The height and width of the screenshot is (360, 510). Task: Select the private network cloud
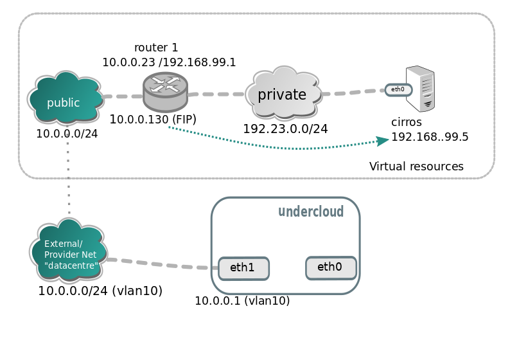(x=283, y=95)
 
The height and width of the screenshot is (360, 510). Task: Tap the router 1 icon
(x=165, y=91)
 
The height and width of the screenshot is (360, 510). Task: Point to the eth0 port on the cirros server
(x=398, y=89)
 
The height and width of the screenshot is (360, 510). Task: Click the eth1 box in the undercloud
(x=243, y=268)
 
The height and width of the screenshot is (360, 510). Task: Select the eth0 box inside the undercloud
(x=331, y=267)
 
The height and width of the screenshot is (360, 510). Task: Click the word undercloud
(x=310, y=212)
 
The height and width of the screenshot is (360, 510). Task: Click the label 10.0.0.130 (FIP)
(x=153, y=119)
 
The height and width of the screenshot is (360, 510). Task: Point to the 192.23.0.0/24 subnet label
(x=285, y=129)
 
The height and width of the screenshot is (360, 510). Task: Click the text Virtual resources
(x=416, y=166)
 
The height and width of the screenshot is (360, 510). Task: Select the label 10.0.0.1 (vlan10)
(x=242, y=300)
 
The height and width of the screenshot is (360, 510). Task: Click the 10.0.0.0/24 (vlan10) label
(x=100, y=291)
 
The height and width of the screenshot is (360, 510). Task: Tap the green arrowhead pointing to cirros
(x=382, y=140)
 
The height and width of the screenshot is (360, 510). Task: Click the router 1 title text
(x=156, y=48)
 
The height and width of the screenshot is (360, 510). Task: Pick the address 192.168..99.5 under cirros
(x=430, y=137)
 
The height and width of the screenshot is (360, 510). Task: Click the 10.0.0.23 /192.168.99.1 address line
(x=169, y=62)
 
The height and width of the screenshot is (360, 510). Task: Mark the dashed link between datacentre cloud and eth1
(x=161, y=264)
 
